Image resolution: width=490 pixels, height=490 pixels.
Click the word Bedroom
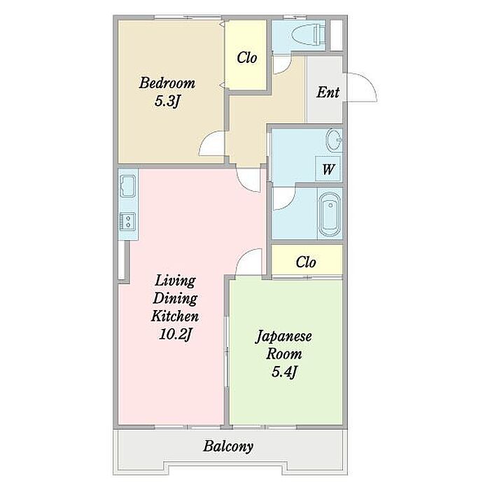click(167, 83)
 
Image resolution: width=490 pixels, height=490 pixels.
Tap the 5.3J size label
click(167, 101)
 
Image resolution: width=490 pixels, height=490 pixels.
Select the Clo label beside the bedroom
click(247, 58)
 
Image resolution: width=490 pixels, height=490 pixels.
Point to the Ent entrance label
click(328, 92)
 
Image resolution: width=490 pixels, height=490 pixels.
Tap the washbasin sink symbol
click(334, 140)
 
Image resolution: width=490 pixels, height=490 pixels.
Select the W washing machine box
click(328, 169)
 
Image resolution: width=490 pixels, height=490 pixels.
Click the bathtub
click(330, 214)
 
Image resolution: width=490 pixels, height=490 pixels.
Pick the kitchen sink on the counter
click(128, 186)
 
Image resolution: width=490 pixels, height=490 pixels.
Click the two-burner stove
click(128, 222)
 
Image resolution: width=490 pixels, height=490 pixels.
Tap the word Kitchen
click(175, 316)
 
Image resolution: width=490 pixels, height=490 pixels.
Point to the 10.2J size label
click(175, 335)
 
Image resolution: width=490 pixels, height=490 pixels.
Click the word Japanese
click(283, 337)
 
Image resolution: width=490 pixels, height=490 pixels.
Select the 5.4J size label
click(284, 372)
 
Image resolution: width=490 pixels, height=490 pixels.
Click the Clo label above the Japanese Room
click(306, 262)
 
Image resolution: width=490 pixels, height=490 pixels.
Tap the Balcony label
click(228, 447)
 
